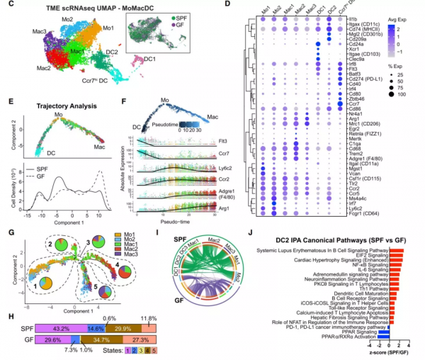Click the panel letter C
(x=7, y=6)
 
